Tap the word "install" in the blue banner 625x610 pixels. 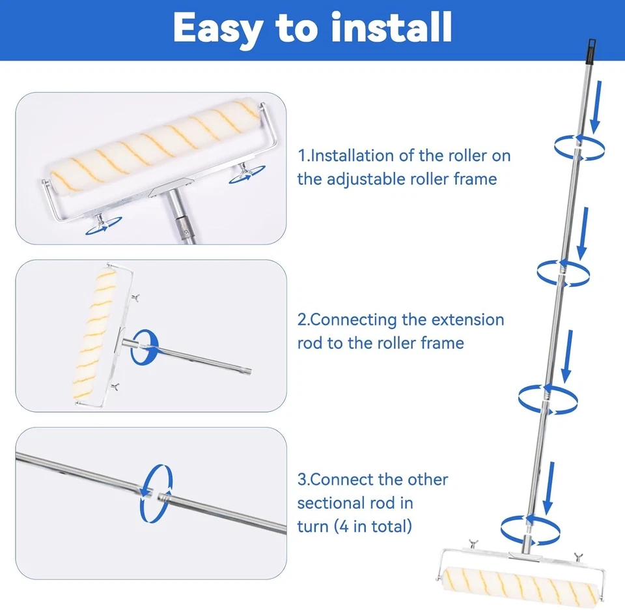pyautogui.click(x=391, y=27)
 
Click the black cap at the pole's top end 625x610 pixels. pyautogui.click(x=590, y=51)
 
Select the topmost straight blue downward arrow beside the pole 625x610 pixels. pyautogui.click(x=596, y=107)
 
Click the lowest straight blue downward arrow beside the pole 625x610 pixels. pyautogui.click(x=549, y=488)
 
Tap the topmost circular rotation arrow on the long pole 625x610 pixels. pyautogui.click(x=579, y=148)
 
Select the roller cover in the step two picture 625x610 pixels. pyautogui.click(x=95, y=334)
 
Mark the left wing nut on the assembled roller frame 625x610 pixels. pyautogui.click(x=473, y=544)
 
